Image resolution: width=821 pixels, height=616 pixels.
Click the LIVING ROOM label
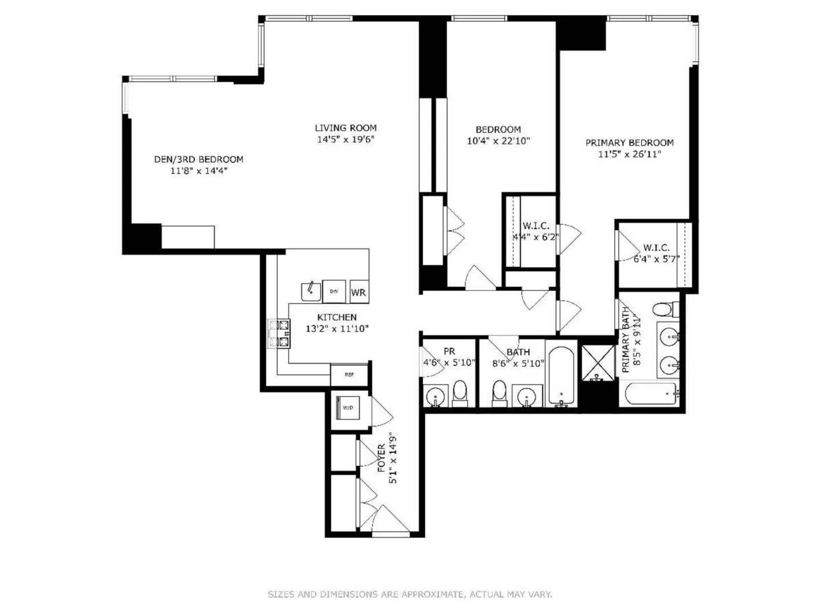346,128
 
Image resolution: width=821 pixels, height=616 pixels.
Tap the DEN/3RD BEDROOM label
198,159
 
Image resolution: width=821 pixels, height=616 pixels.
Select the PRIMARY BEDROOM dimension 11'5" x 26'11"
629,154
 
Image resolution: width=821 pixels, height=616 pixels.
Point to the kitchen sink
311,291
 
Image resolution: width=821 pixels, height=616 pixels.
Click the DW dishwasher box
334,291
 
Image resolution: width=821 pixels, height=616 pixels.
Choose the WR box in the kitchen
359,292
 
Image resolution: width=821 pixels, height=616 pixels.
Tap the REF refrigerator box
349,374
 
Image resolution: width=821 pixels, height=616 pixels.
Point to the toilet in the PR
459,394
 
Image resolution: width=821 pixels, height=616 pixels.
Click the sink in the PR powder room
435,396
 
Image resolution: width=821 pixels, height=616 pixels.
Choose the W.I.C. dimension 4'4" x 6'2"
536,238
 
